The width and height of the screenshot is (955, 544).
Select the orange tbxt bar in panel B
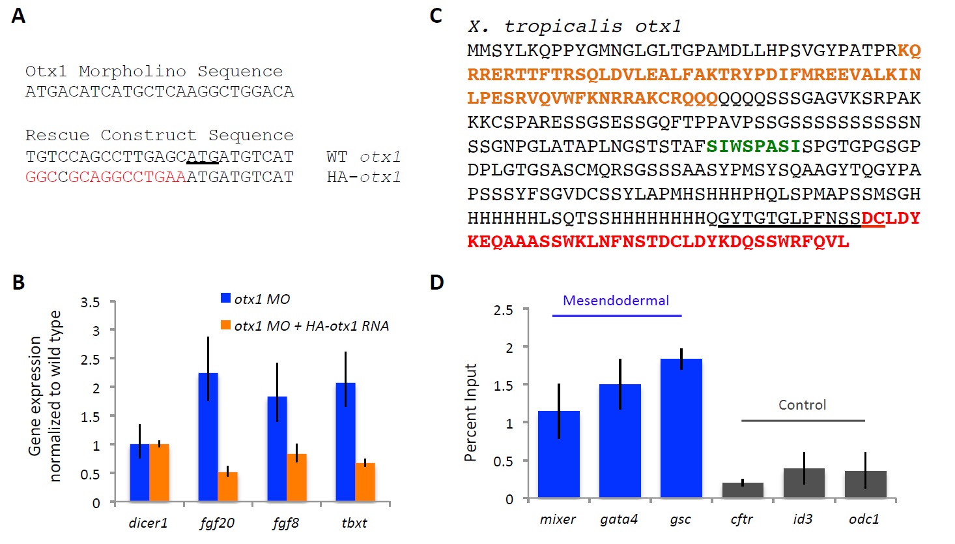point(365,482)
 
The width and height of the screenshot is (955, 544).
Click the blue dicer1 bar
point(139,473)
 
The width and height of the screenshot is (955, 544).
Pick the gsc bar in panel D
point(681,429)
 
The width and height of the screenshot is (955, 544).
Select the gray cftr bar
point(743,490)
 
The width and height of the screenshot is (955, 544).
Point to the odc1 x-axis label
point(864,519)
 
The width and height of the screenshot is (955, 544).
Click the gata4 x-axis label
point(619,519)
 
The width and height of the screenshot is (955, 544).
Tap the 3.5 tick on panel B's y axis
point(90,303)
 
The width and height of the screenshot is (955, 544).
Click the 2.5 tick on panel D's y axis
point(503,310)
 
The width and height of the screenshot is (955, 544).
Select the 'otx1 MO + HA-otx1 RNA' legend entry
point(311,326)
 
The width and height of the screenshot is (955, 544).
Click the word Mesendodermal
point(616,301)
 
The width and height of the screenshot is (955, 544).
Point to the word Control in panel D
point(802,405)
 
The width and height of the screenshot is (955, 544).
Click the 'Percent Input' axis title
point(470,412)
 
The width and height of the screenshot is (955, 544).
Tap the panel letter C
point(436,16)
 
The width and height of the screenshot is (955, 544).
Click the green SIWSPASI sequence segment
point(753,146)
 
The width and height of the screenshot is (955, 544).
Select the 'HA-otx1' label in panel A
point(363,177)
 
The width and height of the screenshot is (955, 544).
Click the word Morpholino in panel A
point(132,71)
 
